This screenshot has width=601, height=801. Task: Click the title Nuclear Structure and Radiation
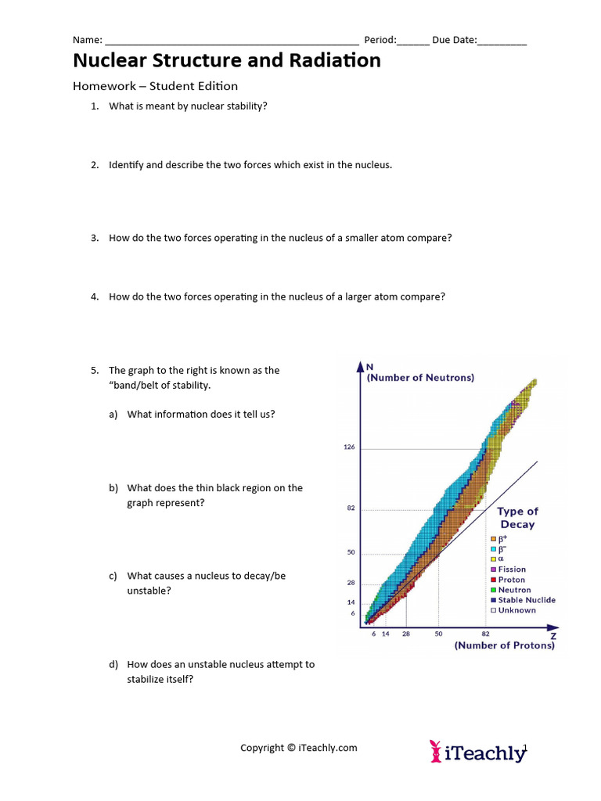[x=227, y=60]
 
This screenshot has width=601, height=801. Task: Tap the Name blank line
[x=232, y=42]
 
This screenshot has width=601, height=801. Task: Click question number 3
[x=94, y=238]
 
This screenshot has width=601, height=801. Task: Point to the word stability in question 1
[x=245, y=106]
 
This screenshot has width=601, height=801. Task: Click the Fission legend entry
[x=512, y=569]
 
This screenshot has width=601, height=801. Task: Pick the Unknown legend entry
[x=516, y=610]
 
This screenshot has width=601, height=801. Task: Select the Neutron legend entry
[x=514, y=590]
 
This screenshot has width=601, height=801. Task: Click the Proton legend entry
[x=512, y=580]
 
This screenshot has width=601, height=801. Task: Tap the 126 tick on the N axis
[x=349, y=447]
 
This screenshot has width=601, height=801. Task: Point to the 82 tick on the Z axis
[x=485, y=634]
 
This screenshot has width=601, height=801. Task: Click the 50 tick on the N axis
[x=351, y=552]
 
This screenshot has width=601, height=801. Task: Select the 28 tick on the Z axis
[x=406, y=634]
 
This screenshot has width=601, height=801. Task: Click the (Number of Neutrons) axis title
[x=420, y=378]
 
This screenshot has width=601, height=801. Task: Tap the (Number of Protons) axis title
[x=505, y=645]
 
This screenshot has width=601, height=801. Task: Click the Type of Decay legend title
[x=517, y=518]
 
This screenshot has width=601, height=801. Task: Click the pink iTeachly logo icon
[x=436, y=752]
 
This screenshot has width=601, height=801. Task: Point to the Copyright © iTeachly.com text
[x=298, y=748]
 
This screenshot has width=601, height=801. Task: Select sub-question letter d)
[x=114, y=665]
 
